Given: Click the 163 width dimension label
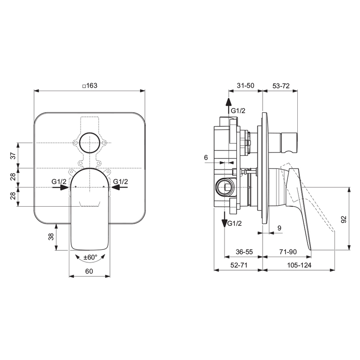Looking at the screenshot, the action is tap(90, 86).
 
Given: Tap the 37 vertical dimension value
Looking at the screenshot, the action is tap(14, 156).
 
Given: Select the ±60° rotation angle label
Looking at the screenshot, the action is tap(90, 258).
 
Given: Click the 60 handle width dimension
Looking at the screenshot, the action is tap(89, 271).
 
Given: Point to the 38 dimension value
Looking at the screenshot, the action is tap(51, 237).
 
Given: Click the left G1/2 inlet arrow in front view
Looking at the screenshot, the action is tap(61, 187).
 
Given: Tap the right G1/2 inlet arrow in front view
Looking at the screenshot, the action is tap(119, 187).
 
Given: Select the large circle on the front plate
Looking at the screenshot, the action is tap(90, 143).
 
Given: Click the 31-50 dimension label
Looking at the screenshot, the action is tap(245, 86).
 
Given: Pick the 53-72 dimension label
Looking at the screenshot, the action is tap(281, 86).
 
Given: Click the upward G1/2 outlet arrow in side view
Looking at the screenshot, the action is tap(228, 106).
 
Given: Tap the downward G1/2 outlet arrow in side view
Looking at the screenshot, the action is tap(224, 219).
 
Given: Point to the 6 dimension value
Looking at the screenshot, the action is tap(206, 158).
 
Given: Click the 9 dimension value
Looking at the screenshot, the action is tap(279, 228).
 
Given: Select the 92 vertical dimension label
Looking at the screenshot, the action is tap(344, 219).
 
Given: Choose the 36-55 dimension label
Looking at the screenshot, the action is tap(244, 252).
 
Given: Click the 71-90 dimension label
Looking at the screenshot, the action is tap(288, 252).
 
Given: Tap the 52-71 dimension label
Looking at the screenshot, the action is tap(239, 265).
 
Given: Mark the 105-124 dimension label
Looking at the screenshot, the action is tap(299, 265).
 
